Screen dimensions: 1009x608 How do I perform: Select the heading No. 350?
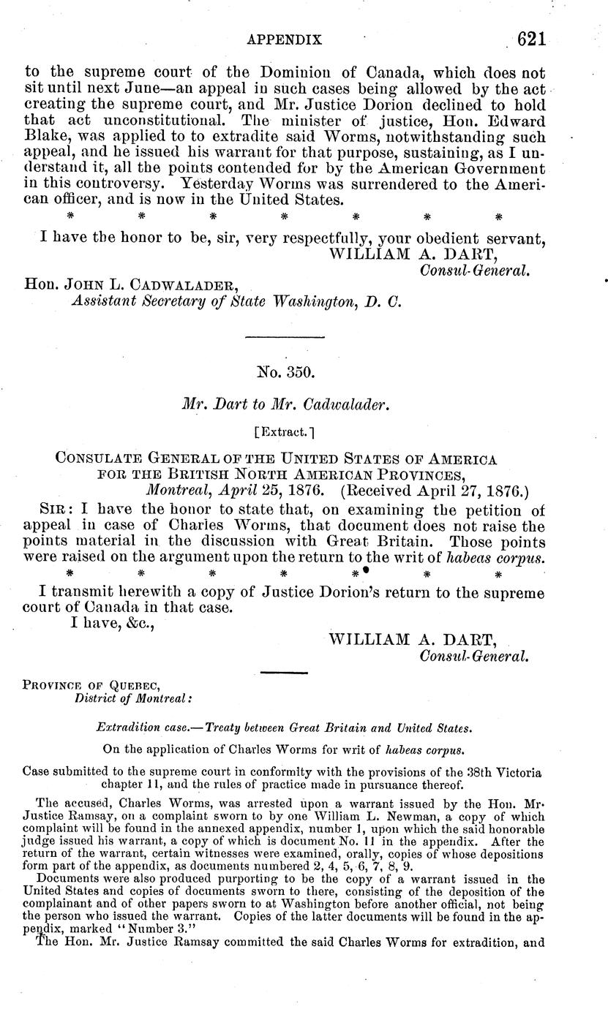pyautogui.click(x=286, y=372)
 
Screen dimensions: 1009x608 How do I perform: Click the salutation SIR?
pyautogui.click(x=53, y=507)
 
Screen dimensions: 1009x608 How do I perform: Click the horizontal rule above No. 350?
pyautogui.click(x=284, y=337)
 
